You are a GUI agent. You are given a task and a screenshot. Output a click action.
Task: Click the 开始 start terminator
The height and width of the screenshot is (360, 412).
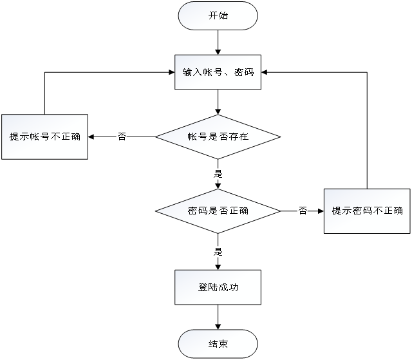pyautogui.click(x=218, y=16)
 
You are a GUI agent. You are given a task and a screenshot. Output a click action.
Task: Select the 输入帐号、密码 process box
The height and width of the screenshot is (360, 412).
pyautogui.click(x=218, y=72)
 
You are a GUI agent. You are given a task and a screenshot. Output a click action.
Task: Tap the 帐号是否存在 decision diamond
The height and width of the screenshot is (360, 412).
pyautogui.click(x=218, y=137)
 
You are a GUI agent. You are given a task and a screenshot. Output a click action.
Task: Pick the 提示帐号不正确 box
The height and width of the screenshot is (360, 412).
pyautogui.click(x=44, y=137)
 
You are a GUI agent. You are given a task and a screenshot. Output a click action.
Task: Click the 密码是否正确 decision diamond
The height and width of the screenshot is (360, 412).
pyautogui.click(x=218, y=211)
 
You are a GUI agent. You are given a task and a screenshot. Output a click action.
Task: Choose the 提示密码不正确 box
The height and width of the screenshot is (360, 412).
pyautogui.click(x=367, y=211)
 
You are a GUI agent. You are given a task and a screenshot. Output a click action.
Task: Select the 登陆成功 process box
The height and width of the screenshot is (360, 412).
pyautogui.click(x=218, y=287)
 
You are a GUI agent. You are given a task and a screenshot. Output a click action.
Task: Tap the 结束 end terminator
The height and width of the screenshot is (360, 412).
pyautogui.click(x=218, y=344)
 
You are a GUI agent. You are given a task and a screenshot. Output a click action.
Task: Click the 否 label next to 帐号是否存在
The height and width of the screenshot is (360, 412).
pyautogui.click(x=121, y=137)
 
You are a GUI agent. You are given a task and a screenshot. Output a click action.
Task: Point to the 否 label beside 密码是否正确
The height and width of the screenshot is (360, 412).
pyautogui.click(x=302, y=211)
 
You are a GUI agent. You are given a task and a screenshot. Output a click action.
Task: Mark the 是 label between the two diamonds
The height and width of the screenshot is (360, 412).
pyautogui.click(x=218, y=173)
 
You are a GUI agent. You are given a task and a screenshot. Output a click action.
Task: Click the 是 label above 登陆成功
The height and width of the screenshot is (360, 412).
pyautogui.click(x=218, y=251)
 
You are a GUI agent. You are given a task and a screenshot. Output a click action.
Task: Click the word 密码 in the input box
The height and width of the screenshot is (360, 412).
pyautogui.click(x=245, y=72)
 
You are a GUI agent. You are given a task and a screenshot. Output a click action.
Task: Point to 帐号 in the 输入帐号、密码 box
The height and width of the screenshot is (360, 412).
pyautogui.click(x=210, y=72)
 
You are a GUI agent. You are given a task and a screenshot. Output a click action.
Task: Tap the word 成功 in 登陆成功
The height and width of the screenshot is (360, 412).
pyautogui.click(x=229, y=287)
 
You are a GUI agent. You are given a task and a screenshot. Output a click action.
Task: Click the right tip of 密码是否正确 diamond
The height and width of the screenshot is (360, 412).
pyautogui.click(x=278, y=211)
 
